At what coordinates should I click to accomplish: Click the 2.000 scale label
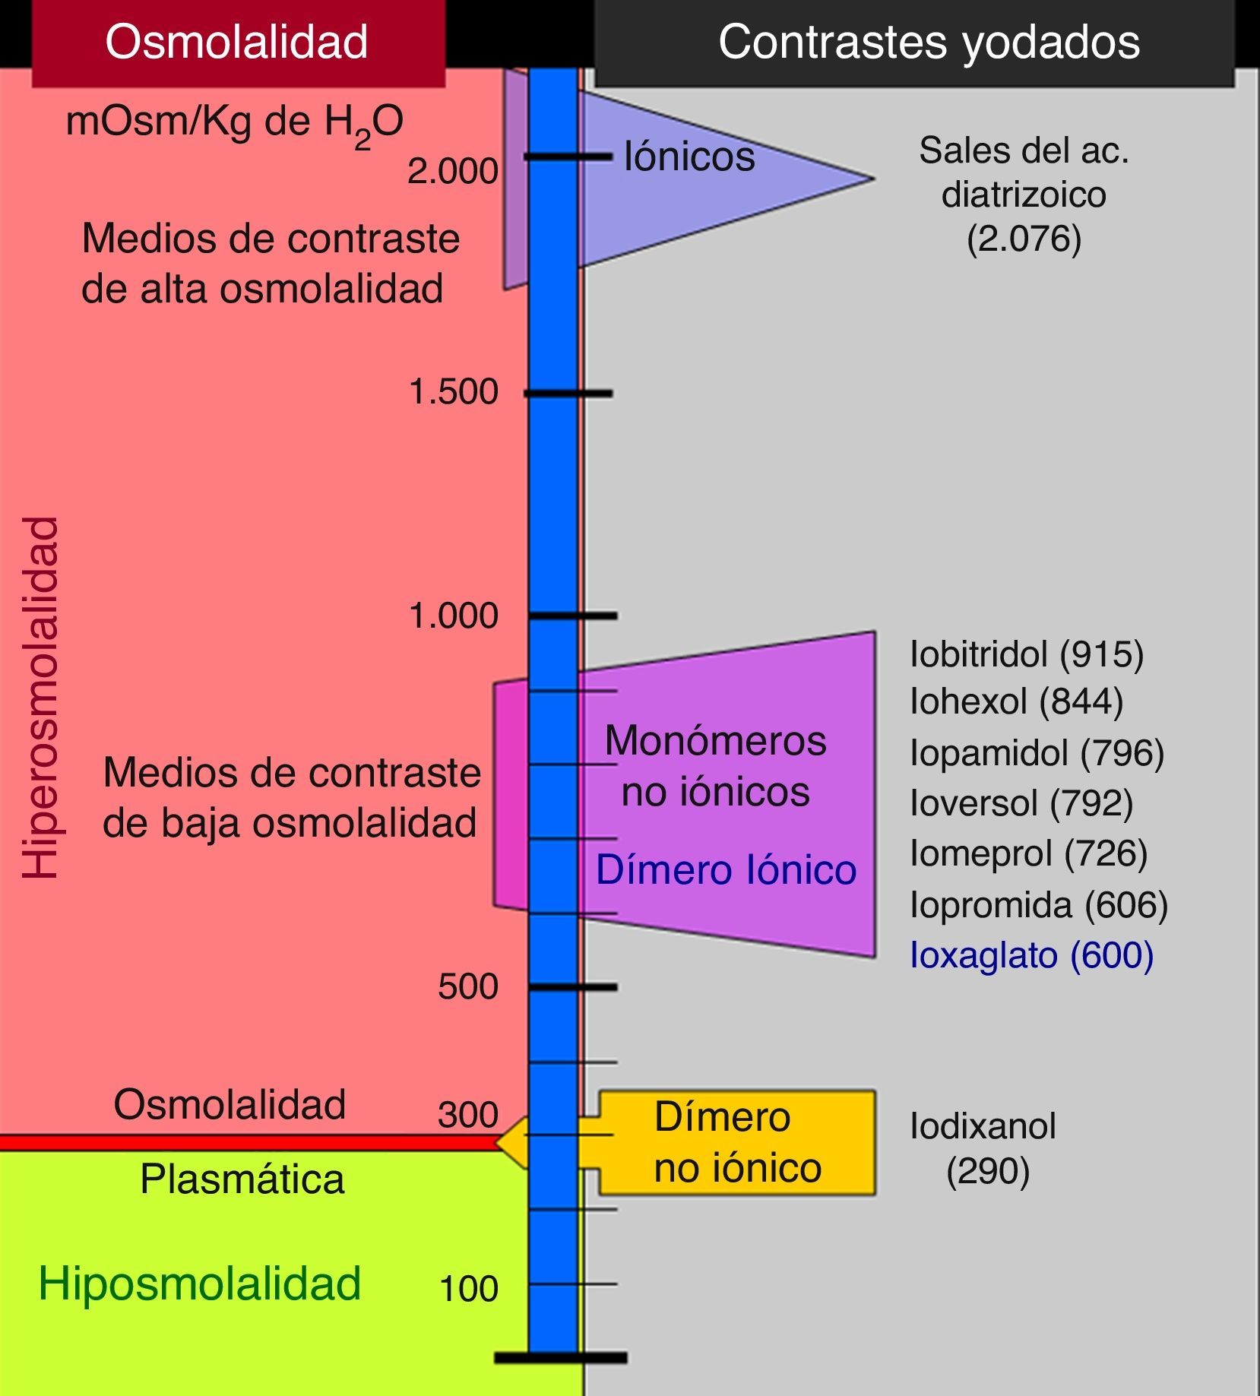point(452,171)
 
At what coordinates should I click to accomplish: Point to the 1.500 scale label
point(453,391)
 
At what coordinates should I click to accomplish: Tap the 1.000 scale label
point(453,615)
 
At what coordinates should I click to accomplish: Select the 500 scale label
point(467,986)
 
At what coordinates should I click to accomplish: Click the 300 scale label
point(467,1115)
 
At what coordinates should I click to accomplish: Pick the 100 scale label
point(468,1289)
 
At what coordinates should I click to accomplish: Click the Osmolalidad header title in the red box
point(236,41)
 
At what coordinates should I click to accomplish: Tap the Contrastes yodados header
point(929,41)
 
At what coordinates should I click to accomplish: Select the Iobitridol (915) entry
point(1026,654)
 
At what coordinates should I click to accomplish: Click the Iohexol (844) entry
point(1016,701)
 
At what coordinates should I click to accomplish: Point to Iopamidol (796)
point(1037,752)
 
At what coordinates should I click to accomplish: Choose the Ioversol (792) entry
point(1021,802)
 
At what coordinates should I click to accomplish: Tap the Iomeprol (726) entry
point(1028,853)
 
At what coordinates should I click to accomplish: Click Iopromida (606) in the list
point(1039,904)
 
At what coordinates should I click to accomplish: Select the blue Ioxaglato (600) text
point(1031,954)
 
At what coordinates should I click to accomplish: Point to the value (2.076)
point(1024,239)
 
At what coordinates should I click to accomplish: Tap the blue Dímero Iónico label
point(726,869)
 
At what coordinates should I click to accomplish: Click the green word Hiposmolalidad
point(200,1284)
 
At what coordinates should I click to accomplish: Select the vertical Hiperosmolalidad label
point(41,698)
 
